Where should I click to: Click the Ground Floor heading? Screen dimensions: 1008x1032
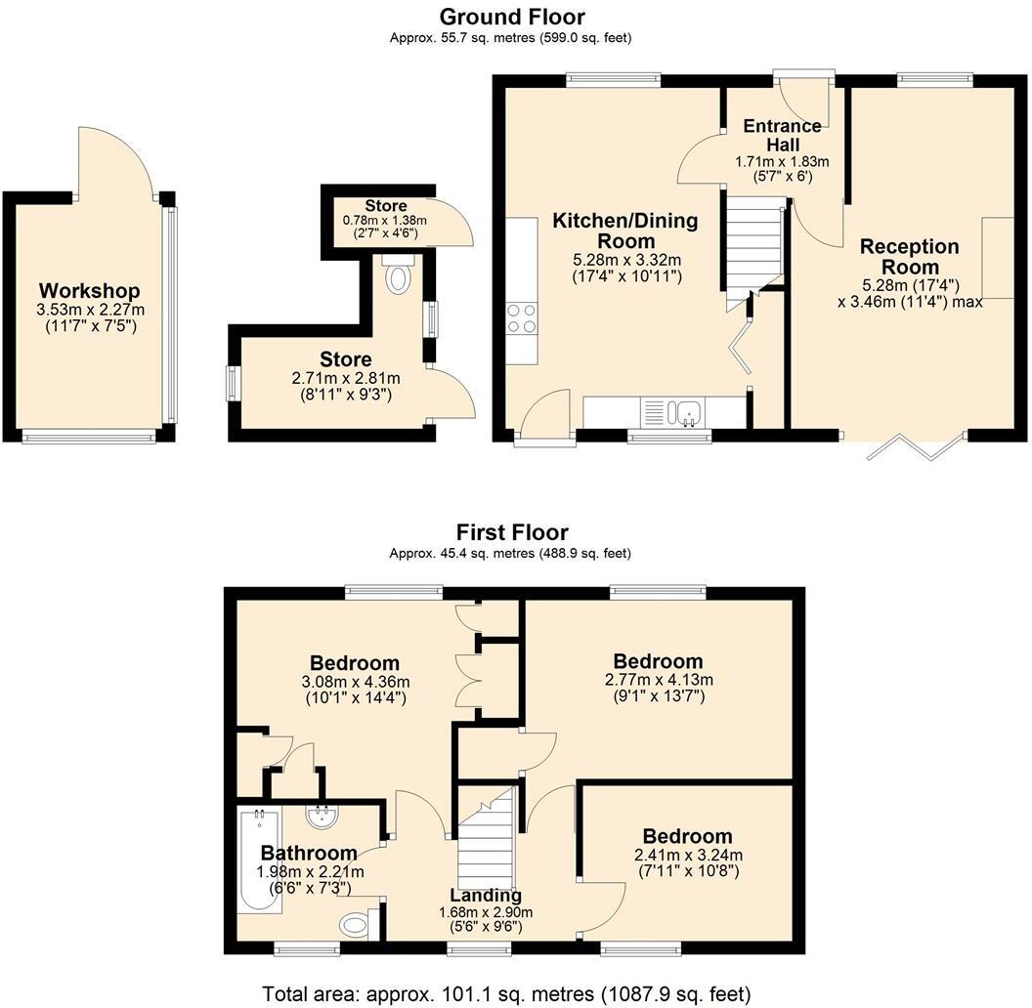[512, 17]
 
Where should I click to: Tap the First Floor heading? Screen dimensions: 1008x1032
[512, 532]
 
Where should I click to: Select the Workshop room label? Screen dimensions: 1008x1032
[89, 291]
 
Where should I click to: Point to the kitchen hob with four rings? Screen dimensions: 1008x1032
[522, 319]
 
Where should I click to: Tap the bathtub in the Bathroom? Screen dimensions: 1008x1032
[259, 861]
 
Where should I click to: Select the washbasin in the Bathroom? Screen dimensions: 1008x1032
[321, 816]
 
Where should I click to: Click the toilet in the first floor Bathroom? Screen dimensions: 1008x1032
[357, 923]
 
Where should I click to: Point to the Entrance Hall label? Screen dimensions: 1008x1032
[782, 136]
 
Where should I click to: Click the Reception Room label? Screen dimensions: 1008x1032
[909, 257]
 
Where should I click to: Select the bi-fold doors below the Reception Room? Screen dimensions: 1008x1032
[916, 446]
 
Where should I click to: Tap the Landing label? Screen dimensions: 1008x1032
[486, 896]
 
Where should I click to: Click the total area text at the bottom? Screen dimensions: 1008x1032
[506, 993]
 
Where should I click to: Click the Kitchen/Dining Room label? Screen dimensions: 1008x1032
[625, 231]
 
